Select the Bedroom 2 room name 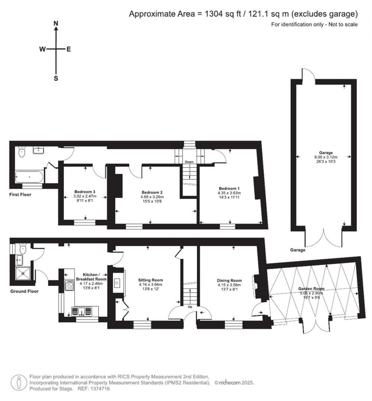(151, 192)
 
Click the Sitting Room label (150, 280)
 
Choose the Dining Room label (229, 280)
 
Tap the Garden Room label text (311, 289)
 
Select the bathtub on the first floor (29, 178)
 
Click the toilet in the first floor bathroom (21, 153)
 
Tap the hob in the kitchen (69, 286)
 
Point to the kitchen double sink (83, 311)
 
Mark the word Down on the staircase (189, 162)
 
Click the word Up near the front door (190, 307)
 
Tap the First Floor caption (20, 195)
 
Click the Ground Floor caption (24, 291)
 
